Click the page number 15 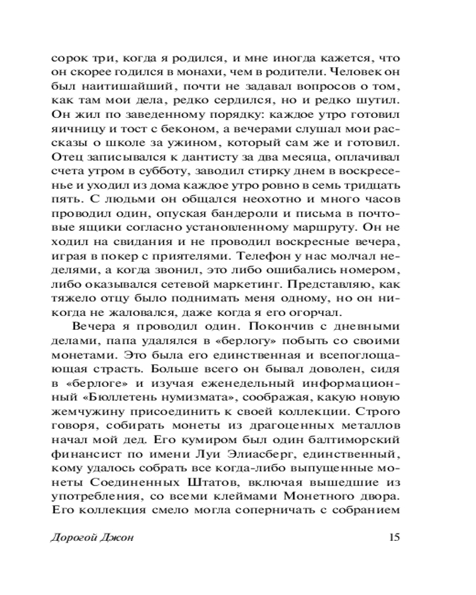pos(393,537)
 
